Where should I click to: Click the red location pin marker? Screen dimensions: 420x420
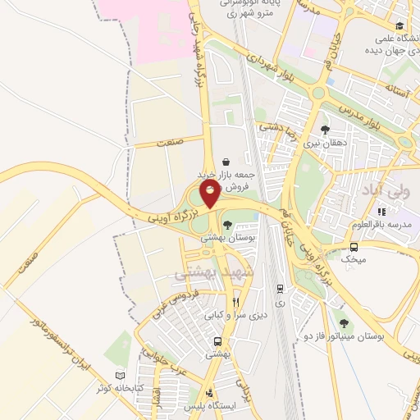[x=210, y=194]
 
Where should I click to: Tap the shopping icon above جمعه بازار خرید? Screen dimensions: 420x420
[x=226, y=162]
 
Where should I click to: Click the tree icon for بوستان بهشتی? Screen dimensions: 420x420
[x=227, y=225]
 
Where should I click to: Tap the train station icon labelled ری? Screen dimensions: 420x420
[x=281, y=289]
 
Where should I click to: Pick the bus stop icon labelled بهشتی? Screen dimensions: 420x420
[x=217, y=341]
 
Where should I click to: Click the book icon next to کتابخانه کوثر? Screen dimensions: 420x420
[x=122, y=376]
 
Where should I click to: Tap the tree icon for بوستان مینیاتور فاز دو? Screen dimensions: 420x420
[x=343, y=323]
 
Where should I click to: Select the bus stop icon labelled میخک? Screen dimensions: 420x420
[x=354, y=247]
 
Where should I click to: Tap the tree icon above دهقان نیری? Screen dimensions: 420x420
[x=326, y=130]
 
